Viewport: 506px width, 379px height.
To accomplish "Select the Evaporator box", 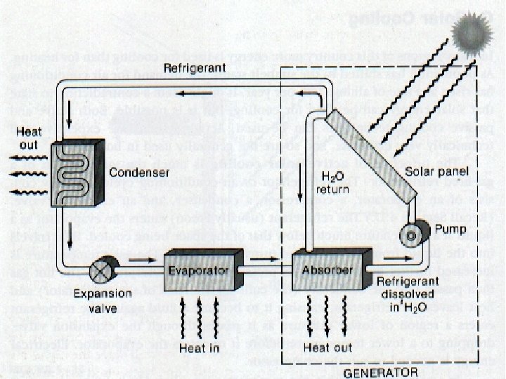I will tap(197, 270).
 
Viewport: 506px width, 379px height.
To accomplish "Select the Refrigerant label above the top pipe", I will tap(193, 69).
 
